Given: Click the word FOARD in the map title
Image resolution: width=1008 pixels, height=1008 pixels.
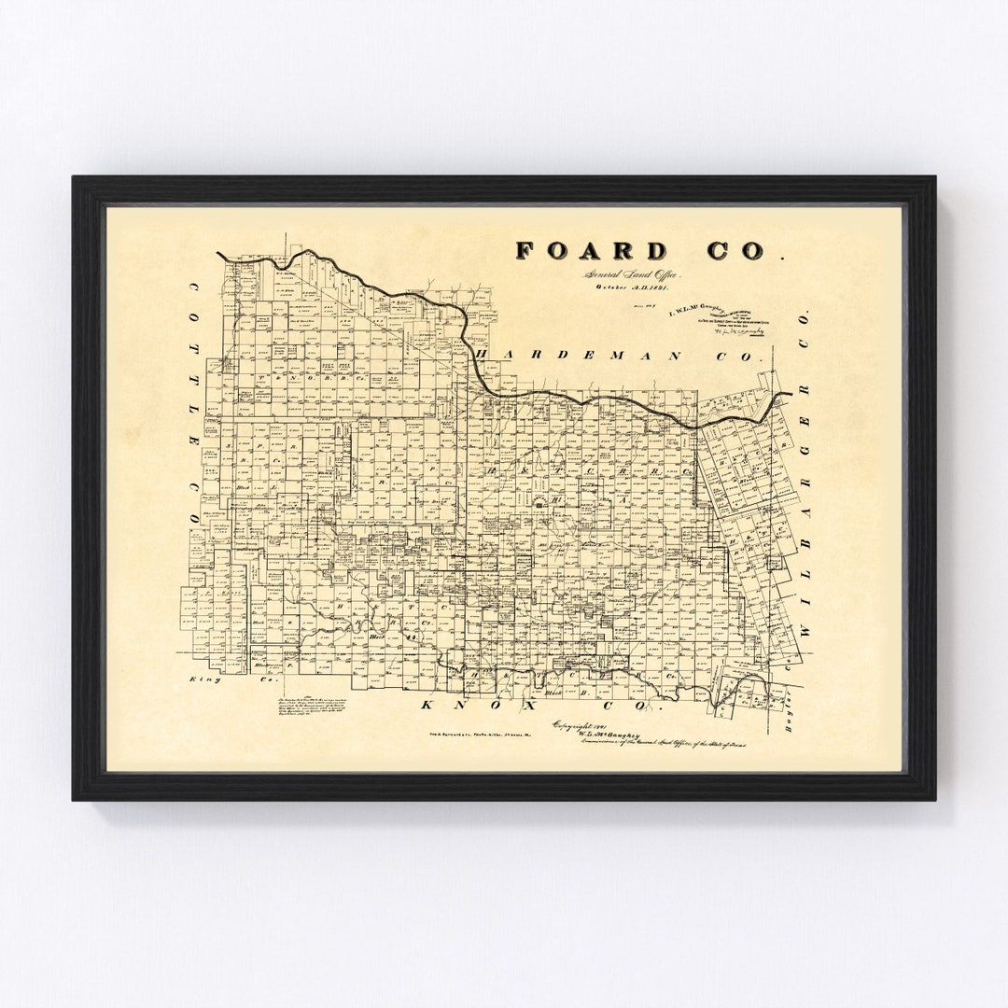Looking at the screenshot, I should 592,250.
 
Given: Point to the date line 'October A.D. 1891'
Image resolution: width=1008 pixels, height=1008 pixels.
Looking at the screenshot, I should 635,287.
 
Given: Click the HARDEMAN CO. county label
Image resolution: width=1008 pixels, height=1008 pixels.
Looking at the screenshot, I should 620,356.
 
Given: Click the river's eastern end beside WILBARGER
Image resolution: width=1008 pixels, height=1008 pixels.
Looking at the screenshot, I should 789,394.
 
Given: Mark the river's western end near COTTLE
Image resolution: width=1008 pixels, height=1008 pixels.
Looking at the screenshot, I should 218,255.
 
